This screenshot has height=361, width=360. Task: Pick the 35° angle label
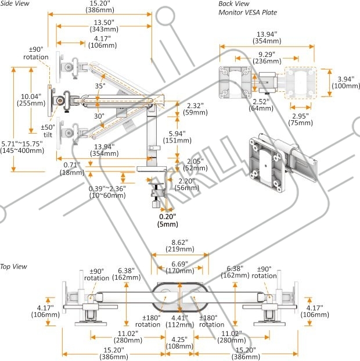100,86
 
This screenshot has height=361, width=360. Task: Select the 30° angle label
99,116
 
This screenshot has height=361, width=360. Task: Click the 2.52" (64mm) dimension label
261,105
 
